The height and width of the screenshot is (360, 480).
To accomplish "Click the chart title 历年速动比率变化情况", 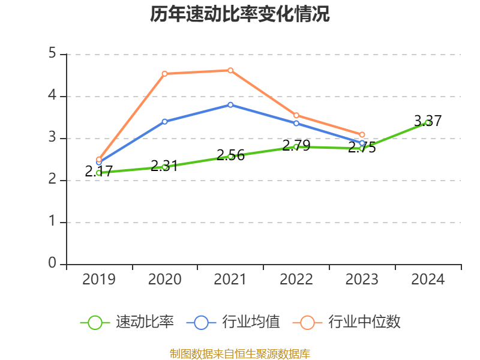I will [x=240, y=15].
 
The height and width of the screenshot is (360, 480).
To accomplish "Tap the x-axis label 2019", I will [x=99, y=280].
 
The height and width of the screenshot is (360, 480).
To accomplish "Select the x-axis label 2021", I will [x=230, y=280].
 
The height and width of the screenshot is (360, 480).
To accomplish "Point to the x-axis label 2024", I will [x=428, y=280].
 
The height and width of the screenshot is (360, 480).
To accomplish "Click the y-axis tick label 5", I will [x=52, y=54].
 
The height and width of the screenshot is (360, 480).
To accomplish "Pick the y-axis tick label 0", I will [x=52, y=263].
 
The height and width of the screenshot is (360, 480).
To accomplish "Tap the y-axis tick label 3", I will [x=52, y=138].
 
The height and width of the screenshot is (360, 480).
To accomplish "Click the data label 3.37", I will [x=428, y=121].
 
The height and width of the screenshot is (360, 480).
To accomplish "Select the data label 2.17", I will [x=99, y=171].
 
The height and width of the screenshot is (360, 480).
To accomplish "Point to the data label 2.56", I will [x=230, y=155].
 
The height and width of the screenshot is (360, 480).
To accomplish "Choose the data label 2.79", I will [x=296, y=145].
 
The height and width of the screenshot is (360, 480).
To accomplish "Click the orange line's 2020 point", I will [x=164, y=74].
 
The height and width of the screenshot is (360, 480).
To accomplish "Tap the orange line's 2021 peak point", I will [x=230, y=70].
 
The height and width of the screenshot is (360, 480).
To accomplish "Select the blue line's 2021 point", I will [x=230, y=104].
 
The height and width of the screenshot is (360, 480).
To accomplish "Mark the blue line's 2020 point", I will [x=164, y=121].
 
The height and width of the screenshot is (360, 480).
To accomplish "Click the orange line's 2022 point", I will [x=296, y=115].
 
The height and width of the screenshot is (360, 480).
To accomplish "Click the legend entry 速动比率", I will [x=145, y=322].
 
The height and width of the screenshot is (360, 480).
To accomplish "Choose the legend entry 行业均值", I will [x=251, y=322].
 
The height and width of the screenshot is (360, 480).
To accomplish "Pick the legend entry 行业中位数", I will [x=364, y=322].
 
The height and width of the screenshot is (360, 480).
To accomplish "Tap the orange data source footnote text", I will [x=240, y=353].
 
